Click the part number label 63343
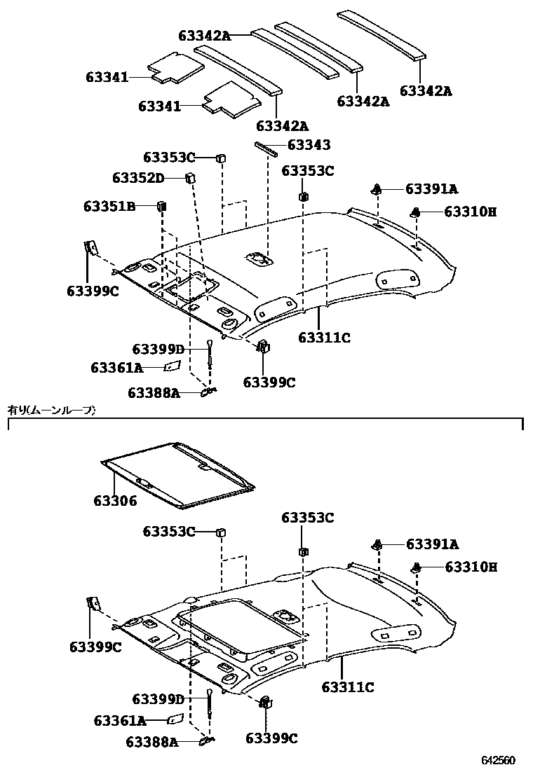click(x=309, y=145)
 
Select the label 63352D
click(x=137, y=178)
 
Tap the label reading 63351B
click(x=109, y=206)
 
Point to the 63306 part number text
click(x=115, y=502)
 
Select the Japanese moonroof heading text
click(x=51, y=410)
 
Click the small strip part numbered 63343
click(x=266, y=147)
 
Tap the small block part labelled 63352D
click(x=189, y=177)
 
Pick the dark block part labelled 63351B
click(x=161, y=206)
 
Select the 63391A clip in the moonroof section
click(x=377, y=544)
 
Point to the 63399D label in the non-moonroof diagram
click(x=158, y=349)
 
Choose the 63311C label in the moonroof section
click(x=347, y=687)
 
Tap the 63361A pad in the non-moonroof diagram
click(x=172, y=366)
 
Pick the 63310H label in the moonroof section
click(x=471, y=567)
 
